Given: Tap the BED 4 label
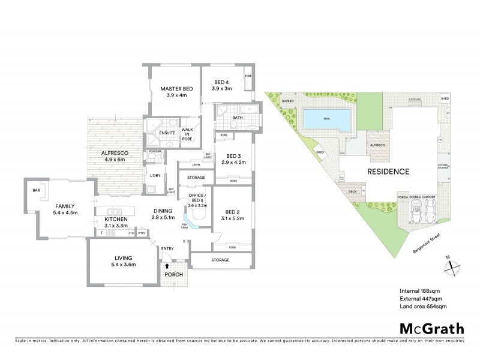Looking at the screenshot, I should [221, 82].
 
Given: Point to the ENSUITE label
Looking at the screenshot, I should [167, 133].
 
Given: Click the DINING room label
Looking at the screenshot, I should [163, 211].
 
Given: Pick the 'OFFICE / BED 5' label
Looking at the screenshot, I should [197, 198].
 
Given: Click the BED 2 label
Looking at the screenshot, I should [233, 212].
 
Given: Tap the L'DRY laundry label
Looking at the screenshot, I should [156, 176].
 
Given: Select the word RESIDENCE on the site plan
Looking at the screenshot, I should [389, 172].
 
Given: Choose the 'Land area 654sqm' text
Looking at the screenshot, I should [423, 307].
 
